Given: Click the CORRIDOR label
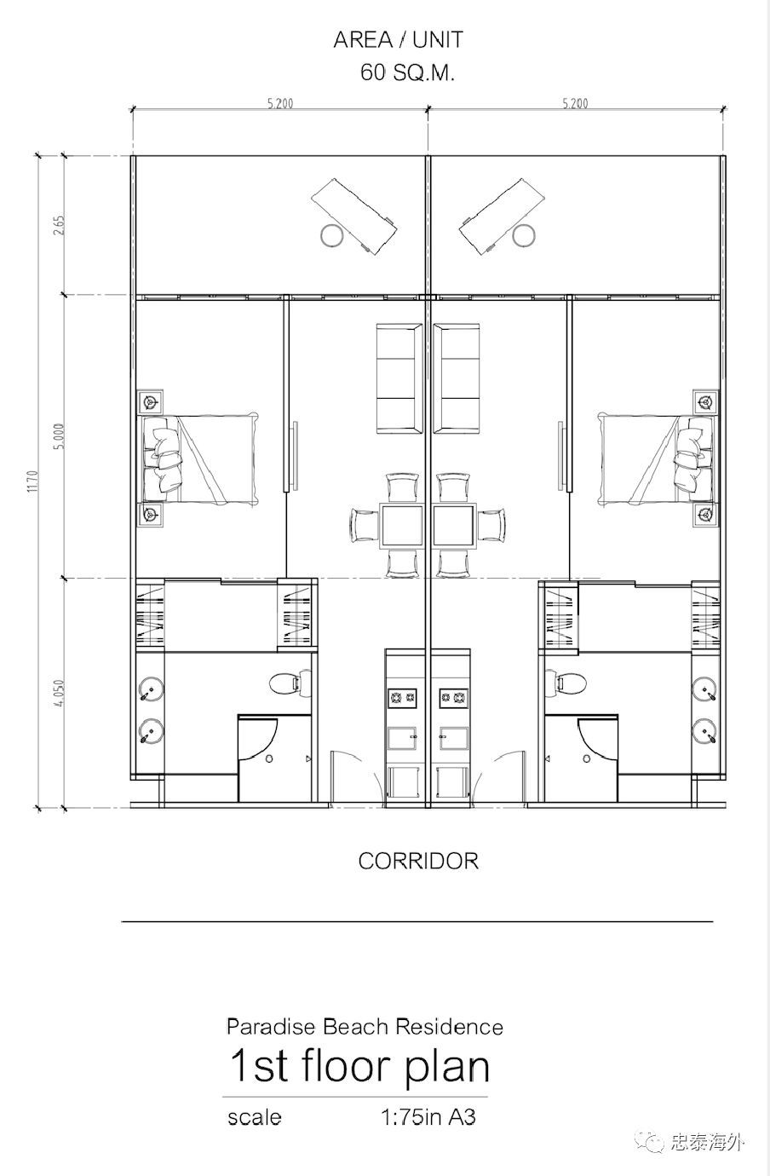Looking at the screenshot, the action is (x=418, y=861).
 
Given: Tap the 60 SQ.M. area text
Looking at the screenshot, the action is (x=407, y=72).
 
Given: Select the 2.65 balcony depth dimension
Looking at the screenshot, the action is (x=59, y=225).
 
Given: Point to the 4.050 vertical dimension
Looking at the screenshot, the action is (x=59, y=693).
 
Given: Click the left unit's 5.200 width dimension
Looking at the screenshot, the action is (x=280, y=103).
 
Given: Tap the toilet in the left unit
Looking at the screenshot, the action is (x=290, y=683).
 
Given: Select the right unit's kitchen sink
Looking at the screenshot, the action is (x=453, y=739).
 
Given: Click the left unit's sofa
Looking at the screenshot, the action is (x=399, y=378).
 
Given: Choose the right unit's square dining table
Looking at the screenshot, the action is (x=453, y=526).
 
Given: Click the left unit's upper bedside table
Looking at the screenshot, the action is (x=151, y=403).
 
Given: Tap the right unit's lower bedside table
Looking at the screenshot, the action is (x=705, y=515).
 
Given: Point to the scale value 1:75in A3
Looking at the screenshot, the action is (x=428, y=1117).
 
